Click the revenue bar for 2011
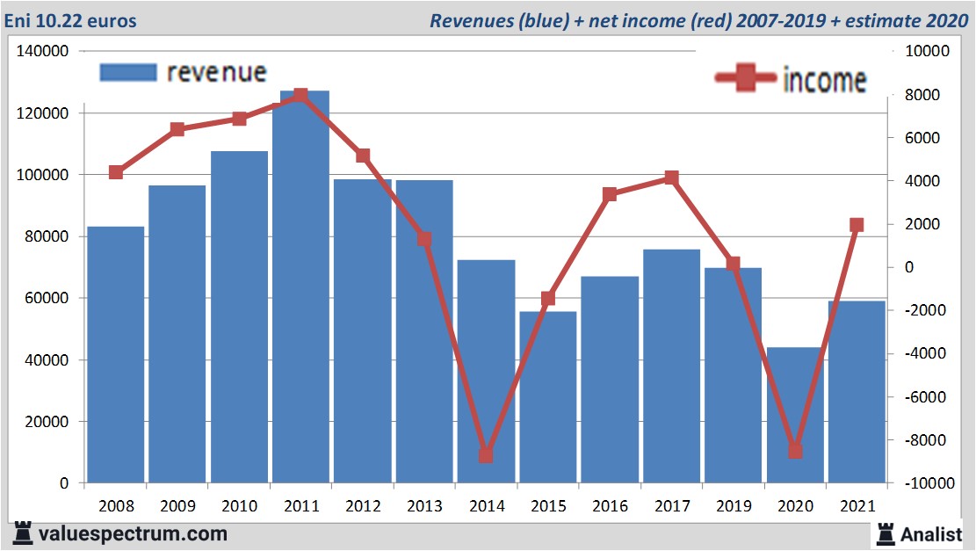tap(300, 290)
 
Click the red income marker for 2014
tap(486, 455)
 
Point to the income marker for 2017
tap(671, 178)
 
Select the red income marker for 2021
tap(857, 225)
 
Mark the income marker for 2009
tap(177, 129)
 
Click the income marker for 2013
tap(424, 239)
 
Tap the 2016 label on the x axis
tap(610, 506)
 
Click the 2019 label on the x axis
tap(733, 506)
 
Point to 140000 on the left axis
tap(43, 52)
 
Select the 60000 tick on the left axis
tap(47, 298)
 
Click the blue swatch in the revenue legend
tap(128, 72)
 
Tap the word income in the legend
tap(824, 80)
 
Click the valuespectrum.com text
tap(133, 533)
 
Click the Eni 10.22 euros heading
tap(71, 20)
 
